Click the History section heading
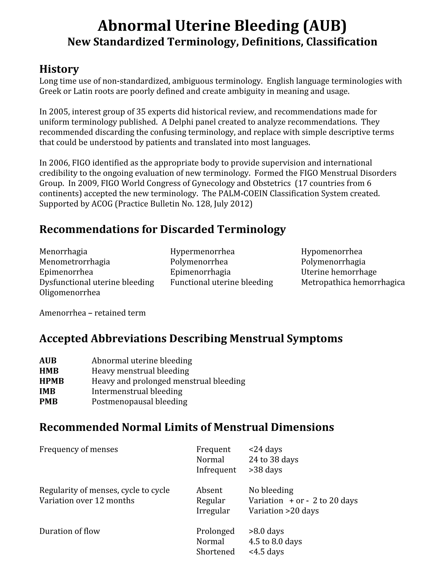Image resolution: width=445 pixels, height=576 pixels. tap(59, 69)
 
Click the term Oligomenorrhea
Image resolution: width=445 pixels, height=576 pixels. tap(70, 293)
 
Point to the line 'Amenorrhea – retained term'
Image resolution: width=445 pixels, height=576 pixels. tap(92, 313)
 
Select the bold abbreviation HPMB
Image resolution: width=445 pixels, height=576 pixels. tap(51, 381)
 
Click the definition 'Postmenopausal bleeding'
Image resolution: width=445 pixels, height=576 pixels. tap(139, 401)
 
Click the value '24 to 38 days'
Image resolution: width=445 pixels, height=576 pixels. tap(273, 459)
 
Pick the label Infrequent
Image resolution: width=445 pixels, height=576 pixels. tap(216, 470)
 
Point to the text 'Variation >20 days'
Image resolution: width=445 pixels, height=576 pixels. tap(283, 511)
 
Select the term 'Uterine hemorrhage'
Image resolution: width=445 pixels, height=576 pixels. tap(339, 272)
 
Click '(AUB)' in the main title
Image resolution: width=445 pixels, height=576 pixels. tap(325, 26)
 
